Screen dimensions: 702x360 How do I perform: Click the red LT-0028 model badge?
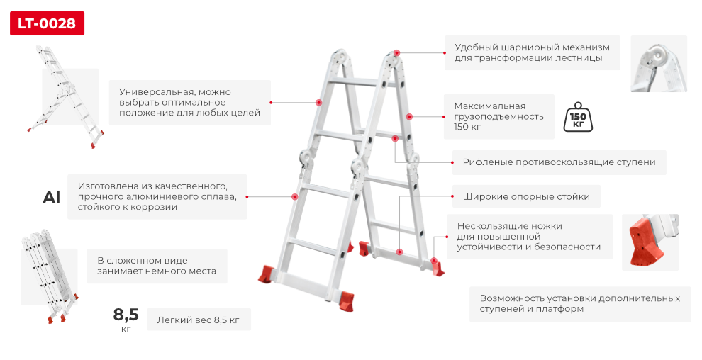[x=47, y=23]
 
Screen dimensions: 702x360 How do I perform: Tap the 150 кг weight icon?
[x=578, y=117]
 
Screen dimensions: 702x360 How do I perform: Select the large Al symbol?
[x=52, y=197]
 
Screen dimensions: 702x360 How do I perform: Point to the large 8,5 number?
[x=126, y=315]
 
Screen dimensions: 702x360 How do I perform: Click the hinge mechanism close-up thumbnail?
[x=659, y=64]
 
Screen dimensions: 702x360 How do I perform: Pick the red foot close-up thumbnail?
[x=650, y=242]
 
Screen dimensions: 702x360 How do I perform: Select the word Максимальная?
[x=490, y=106]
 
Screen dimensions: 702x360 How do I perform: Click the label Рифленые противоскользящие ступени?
[x=559, y=162]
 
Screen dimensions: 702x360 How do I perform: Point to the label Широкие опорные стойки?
[x=526, y=197]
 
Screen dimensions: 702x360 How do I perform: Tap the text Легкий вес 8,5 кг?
[x=199, y=320]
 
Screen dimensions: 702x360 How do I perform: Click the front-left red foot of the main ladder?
[x=267, y=274]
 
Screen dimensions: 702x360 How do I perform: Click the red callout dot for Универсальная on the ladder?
[x=319, y=103]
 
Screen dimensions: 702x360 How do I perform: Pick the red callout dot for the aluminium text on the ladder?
[x=294, y=196]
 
